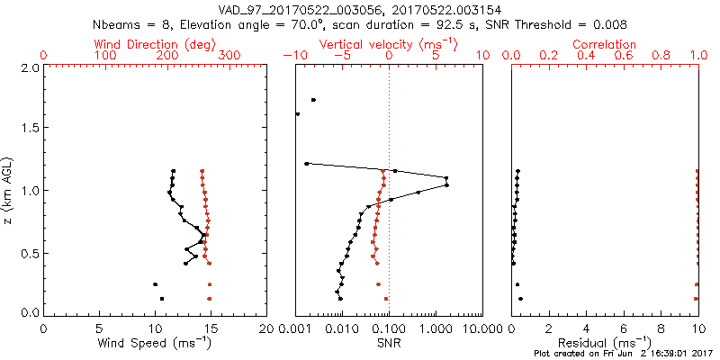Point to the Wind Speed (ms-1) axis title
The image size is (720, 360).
pyautogui.click(x=155, y=343)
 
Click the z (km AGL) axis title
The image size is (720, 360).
pyautogui.click(x=8, y=190)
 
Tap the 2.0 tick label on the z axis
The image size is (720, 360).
pyautogui.click(x=30, y=67)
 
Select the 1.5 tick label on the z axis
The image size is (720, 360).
pyautogui.click(x=30, y=129)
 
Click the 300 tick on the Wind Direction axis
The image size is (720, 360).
pyautogui.click(x=229, y=56)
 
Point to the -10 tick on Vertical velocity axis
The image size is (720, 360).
pyautogui.click(x=291, y=56)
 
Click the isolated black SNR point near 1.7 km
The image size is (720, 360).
pyautogui.click(x=313, y=100)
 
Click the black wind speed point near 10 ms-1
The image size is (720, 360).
pyautogui.click(x=155, y=284)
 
